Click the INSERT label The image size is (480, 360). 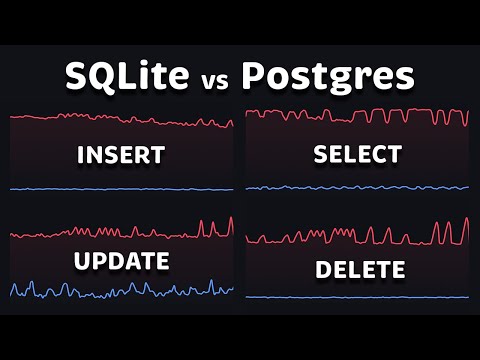click(x=120, y=155)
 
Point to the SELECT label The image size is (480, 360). click(x=357, y=154)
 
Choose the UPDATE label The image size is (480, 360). click(x=120, y=262)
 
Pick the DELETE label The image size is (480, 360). click(x=359, y=270)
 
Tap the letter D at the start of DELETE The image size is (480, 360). click(x=323, y=270)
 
